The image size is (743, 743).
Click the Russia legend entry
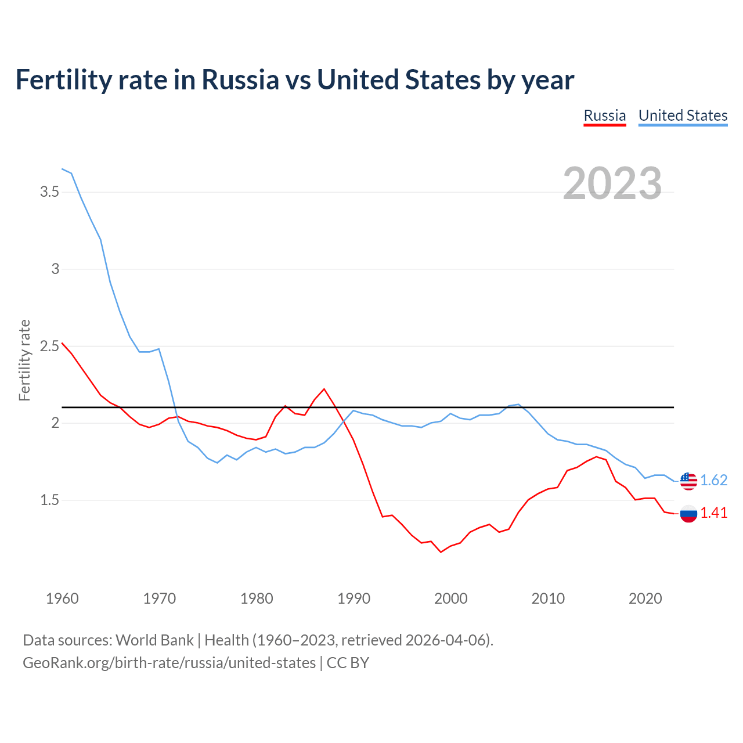pyautogui.click(x=604, y=116)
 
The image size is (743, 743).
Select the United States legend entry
pyautogui.click(x=683, y=116)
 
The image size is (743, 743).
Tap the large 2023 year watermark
pyautogui.click(x=612, y=183)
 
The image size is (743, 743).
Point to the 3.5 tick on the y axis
pyautogui.click(x=49, y=192)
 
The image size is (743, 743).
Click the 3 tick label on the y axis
pyautogui.click(x=56, y=269)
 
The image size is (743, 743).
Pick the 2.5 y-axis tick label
pyautogui.click(x=49, y=346)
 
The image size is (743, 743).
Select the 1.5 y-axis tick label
pyautogui.click(x=49, y=500)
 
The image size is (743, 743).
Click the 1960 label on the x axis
pyautogui.click(x=62, y=598)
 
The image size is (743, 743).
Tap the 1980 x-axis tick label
pyautogui.click(x=257, y=598)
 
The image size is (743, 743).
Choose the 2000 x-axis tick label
pyautogui.click(x=450, y=598)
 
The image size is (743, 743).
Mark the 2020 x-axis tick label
pyautogui.click(x=645, y=598)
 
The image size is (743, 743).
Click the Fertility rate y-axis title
pyautogui.click(x=24, y=360)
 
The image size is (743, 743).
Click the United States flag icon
pyautogui.click(x=688, y=481)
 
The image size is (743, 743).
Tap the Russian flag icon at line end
pyautogui.click(x=688, y=513)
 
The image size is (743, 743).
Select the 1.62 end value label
pyautogui.click(x=713, y=481)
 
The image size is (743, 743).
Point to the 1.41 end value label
pyautogui.click(x=713, y=513)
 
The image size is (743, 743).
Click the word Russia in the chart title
pyautogui.click(x=240, y=80)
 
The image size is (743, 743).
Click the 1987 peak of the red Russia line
pyautogui.click(x=324, y=389)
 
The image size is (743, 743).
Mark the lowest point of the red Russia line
pyautogui.click(x=441, y=552)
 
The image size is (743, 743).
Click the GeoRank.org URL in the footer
pyautogui.click(x=169, y=662)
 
